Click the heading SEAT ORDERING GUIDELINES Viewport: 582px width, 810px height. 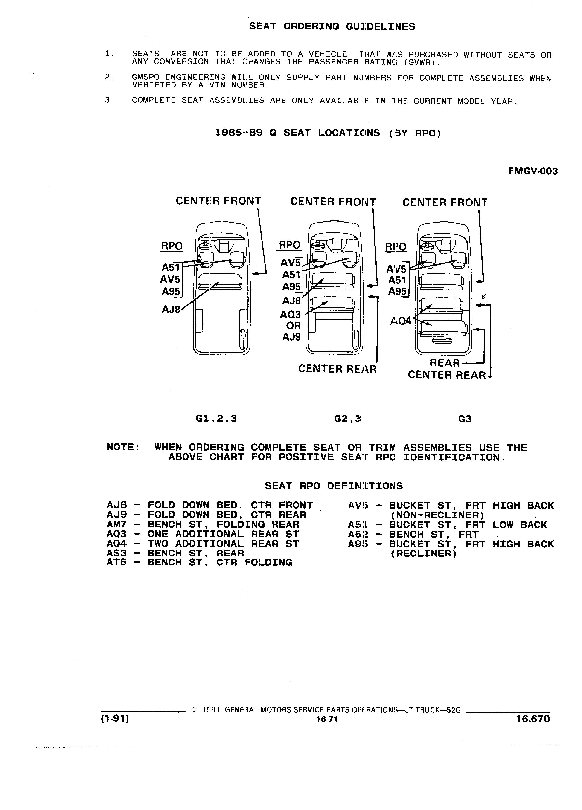pyautogui.click(x=332, y=26)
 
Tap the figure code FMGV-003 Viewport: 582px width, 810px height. pyautogui.click(x=533, y=171)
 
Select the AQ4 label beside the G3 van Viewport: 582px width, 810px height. pyautogui.click(x=401, y=321)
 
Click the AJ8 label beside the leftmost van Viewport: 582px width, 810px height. pyautogui.click(x=172, y=309)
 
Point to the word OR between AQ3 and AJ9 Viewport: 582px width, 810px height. pyautogui.click(x=293, y=326)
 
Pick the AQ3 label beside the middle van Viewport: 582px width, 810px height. pyautogui.click(x=291, y=315)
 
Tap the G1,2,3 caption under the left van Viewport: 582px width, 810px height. pyautogui.click(x=216, y=418)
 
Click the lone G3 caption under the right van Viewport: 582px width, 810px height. pyautogui.click(x=465, y=419)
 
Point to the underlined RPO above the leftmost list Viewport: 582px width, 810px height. pyautogui.click(x=172, y=246)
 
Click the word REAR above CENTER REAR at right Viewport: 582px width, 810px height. pyautogui.click(x=445, y=363)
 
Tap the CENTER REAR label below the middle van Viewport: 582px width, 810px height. pyautogui.click(x=337, y=369)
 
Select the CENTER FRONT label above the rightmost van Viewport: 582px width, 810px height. pyautogui.click(x=445, y=202)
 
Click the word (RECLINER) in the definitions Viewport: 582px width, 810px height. pyautogui.click(x=423, y=554)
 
